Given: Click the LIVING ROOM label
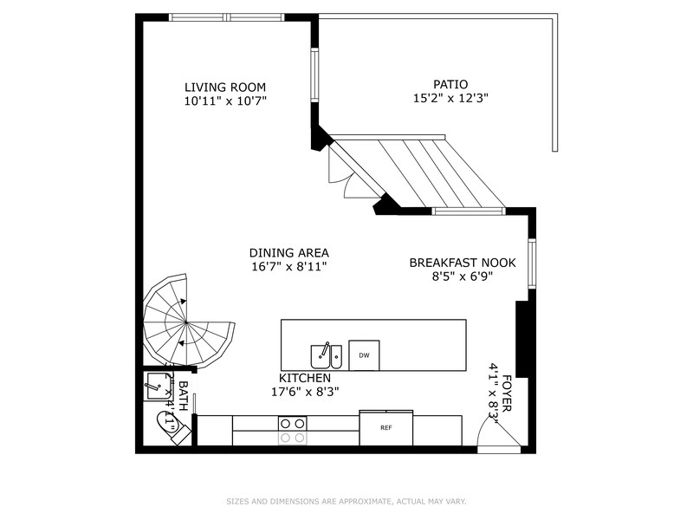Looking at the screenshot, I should pyautogui.click(x=224, y=87).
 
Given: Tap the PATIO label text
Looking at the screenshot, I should pyautogui.click(x=450, y=84).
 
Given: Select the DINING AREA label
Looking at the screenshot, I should pyautogui.click(x=288, y=252).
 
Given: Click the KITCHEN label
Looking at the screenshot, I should pyautogui.click(x=304, y=379).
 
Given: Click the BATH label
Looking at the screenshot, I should pyautogui.click(x=183, y=394).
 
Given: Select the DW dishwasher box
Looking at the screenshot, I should pyautogui.click(x=364, y=355).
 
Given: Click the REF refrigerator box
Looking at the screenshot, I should pyautogui.click(x=386, y=428).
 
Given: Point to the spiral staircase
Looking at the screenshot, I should pyautogui.click(x=185, y=322).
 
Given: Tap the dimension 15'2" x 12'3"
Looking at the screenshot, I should pyautogui.click(x=450, y=99).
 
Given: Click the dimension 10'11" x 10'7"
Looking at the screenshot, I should pyautogui.click(x=224, y=101).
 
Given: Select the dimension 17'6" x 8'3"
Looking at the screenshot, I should pyautogui.click(x=304, y=392).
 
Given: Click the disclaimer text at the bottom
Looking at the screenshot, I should pyautogui.click(x=346, y=501).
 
